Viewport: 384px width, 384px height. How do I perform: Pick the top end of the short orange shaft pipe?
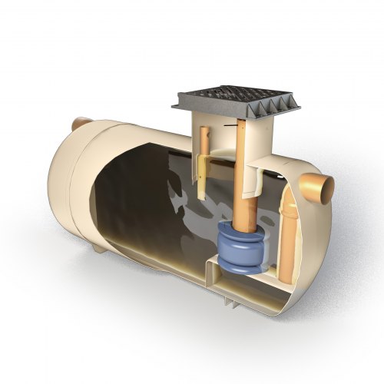205,130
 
